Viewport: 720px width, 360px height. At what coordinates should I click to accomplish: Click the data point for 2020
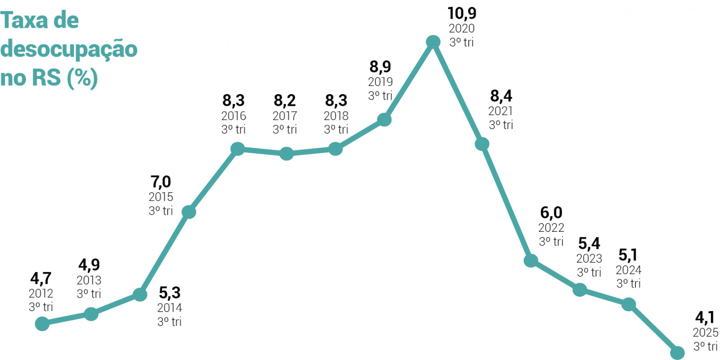(433, 42)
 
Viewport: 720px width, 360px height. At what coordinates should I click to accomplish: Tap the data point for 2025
(677, 353)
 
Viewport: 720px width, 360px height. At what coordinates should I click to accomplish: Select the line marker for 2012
(42, 323)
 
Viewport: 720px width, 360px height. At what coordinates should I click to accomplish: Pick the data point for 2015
(189, 212)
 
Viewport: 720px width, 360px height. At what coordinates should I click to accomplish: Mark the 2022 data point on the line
(531, 260)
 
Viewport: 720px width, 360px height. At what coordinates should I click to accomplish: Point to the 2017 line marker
(286, 154)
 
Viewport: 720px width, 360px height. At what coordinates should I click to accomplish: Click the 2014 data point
(140, 295)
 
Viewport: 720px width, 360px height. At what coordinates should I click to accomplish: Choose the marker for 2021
(482, 144)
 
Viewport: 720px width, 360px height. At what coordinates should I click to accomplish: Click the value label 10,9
(462, 13)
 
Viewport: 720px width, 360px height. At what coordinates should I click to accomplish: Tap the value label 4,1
(705, 318)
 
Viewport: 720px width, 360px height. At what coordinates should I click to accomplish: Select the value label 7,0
(160, 182)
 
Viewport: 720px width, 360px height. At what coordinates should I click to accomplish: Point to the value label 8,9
(380, 67)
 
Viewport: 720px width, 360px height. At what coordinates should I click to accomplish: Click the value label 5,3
(169, 293)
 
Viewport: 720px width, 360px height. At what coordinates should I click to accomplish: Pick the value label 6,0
(551, 213)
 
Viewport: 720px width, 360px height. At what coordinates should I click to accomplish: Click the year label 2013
(89, 280)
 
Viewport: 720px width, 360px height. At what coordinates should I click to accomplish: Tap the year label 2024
(628, 270)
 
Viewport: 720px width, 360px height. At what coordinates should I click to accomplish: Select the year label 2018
(336, 116)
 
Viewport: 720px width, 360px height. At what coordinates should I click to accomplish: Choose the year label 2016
(233, 116)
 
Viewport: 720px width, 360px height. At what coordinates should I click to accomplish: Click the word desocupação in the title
(69, 49)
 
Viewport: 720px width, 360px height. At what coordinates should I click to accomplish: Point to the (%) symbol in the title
(82, 78)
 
